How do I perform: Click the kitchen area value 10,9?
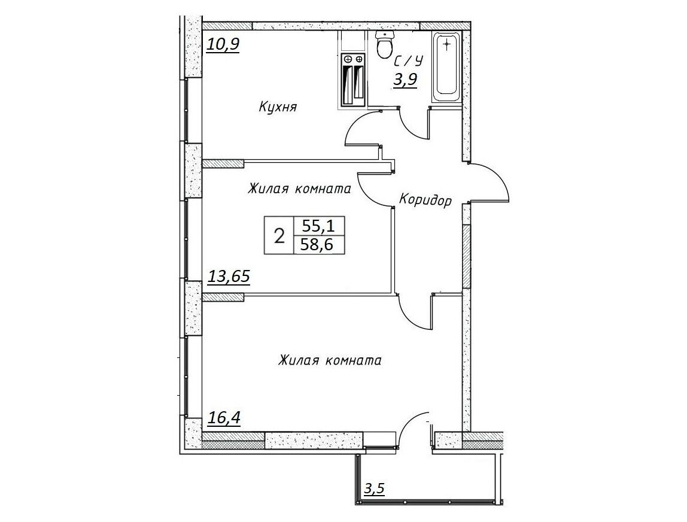pyautogui.click(x=223, y=45)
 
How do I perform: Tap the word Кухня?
pyautogui.click(x=278, y=107)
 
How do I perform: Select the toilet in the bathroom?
pyautogui.click(x=385, y=45)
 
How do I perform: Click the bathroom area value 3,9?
pyautogui.click(x=405, y=80)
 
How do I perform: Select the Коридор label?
pyautogui.click(x=425, y=201)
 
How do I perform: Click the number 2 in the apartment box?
pyautogui.click(x=279, y=236)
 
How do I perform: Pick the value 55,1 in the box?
pyautogui.click(x=318, y=226)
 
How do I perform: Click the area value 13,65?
pyautogui.click(x=228, y=277)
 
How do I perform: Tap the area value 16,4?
pyautogui.click(x=223, y=418)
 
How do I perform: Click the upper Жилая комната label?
pyautogui.click(x=300, y=189)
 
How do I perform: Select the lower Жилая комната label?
pyautogui.click(x=330, y=361)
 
